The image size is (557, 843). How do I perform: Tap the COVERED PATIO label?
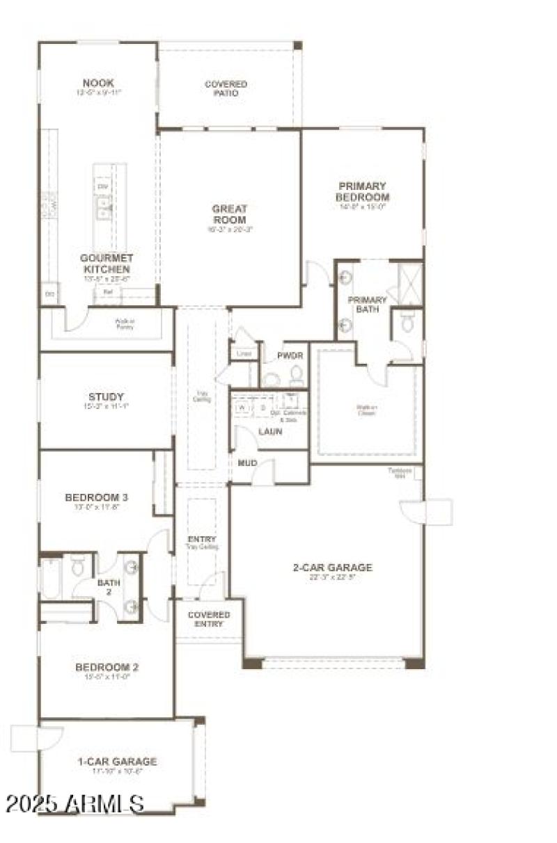pyautogui.click(x=226, y=88)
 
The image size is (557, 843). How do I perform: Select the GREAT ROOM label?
pyautogui.click(x=230, y=214)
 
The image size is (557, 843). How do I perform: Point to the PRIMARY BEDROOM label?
pyautogui.click(x=362, y=191)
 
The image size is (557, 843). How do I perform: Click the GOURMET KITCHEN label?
pyautogui.click(x=108, y=263)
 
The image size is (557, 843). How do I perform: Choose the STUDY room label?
pyautogui.click(x=107, y=397)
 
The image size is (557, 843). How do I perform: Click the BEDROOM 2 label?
pyautogui.click(x=107, y=668)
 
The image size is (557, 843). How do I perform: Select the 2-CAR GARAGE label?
pyautogui.click(x=332, y=568)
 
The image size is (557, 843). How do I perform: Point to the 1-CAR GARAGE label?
pyautogui.click(x=117, y=762)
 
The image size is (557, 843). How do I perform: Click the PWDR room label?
pyautogui.click(x=290, y=355)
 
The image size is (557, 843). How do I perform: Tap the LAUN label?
pyautogui.click(x=270, y=431)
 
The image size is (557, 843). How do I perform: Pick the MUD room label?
pyautogui.click(x=248, y=463)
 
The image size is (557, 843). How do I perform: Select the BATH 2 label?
pyautogui.click(x=108, y=588)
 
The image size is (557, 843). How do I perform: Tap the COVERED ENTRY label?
pyautogui.click(x=209, y=619)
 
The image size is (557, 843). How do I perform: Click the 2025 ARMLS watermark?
pyautogui.click(x=74, y=804)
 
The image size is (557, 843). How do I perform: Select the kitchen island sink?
pyautogui.click(x=104, y=207)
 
